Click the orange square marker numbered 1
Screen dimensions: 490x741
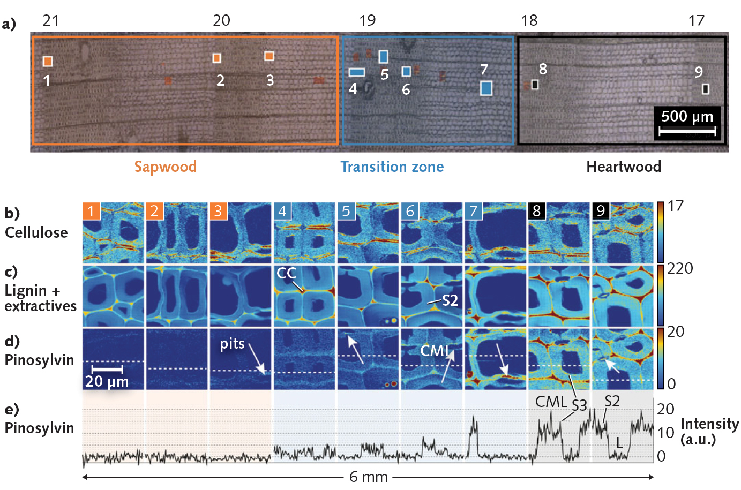(x=48, y=62)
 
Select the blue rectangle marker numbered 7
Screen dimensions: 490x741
(x=486, y=88)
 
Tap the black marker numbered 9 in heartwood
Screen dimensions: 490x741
(x=706, y=88)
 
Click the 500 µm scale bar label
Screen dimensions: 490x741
(x=687, y=116)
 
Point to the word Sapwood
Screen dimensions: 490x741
(x=165, y=167)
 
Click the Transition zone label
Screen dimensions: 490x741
(x=392, y=167)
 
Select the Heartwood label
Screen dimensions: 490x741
(x=623, y=167)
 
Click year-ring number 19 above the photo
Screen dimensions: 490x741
(x=367, y=20)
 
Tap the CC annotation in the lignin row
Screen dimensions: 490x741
(x=286, y=273)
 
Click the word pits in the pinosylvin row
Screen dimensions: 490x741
(x=232, y=343)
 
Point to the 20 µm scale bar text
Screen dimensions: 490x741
(x=107, y=381)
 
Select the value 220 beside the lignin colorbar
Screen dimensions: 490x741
(x=680, y=268)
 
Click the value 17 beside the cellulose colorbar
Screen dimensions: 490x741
(x=676, y=206)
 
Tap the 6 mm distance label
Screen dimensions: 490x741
(x=368, y=477)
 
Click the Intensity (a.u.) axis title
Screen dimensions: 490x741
(x=709, y=432)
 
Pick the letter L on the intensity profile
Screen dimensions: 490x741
(x=619, y=443)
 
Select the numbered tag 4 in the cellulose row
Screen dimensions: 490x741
(x=282, y=211)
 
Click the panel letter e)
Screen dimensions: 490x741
(x=11, y=410)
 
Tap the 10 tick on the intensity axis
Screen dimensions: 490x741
(x=665, y=433)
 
